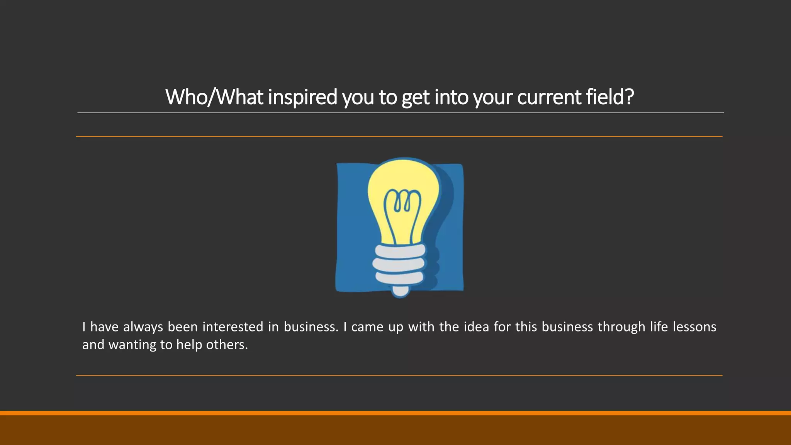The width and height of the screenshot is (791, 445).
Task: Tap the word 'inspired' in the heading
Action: pos(302,97)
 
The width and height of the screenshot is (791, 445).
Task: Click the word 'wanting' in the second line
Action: pos(132,345)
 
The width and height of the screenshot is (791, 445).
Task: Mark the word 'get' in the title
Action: pos(415,97)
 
